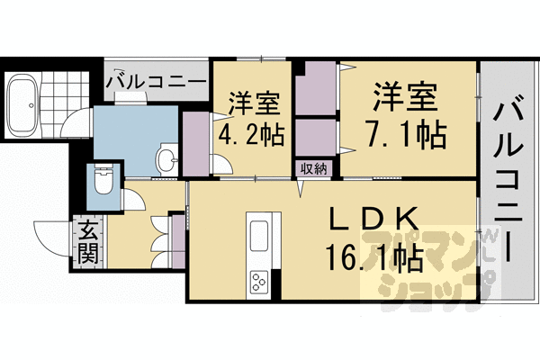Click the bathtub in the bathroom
point(23,104)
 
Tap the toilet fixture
point(103,180)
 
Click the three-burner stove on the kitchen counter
point(258,282)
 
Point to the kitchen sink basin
point(259,236)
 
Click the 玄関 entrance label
point(87,243)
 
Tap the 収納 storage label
point(313,169)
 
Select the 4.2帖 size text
point(252,135)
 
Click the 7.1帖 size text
point(407,135)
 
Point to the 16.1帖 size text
point(375,258)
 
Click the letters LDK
point(374,219)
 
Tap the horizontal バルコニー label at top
point(156,81)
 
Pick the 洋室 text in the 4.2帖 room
point(254,103)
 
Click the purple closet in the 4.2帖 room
point(196,144)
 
